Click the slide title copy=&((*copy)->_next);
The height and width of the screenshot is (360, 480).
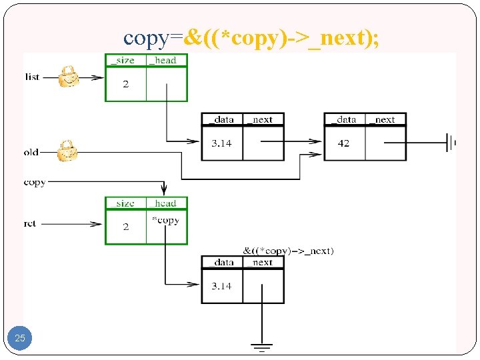pos(252,38)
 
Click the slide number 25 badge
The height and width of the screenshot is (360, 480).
pos(20,338)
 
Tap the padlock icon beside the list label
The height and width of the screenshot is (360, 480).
pos(68,77)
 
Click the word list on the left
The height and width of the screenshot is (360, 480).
pos(32,77)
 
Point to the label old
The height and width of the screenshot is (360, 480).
pos(31,152)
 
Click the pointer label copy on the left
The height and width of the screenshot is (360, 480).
pos(35,182)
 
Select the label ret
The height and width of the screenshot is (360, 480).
pos(30,224)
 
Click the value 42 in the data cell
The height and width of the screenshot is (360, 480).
pos(343,143)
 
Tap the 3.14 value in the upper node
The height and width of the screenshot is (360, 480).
pos(221,143)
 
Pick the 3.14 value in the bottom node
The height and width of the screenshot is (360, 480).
pos(221,286)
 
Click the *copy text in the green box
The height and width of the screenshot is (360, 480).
pos(165,220)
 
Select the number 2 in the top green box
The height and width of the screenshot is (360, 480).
pos(125,83)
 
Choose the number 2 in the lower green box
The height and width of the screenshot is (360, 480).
pos(125,227)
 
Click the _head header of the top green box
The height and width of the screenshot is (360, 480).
pos(165,60)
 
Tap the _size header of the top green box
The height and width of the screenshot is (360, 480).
pos(124,60)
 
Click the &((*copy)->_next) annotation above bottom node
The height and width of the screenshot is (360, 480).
pos(289,251)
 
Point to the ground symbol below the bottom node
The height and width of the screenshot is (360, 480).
pos(262,347)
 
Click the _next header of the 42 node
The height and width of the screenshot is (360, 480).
pos(385,119)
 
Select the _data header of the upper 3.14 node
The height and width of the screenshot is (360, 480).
pos(221,119)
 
